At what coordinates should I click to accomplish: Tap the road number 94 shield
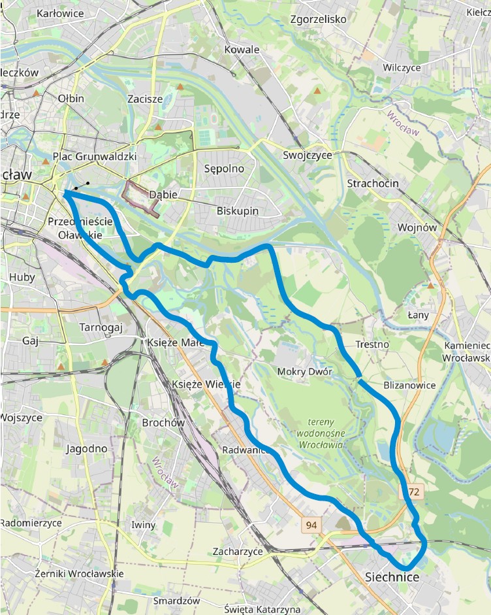point(312,525)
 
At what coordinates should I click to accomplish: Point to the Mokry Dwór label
point(305,372)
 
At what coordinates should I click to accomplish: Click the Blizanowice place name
point(409,385)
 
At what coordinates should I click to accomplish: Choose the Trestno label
point(372,344)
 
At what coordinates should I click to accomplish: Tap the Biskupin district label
point(238,210)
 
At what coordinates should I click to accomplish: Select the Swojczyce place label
point(308,155)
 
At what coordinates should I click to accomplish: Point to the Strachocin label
point(373,183)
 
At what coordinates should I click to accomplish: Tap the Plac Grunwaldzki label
point(95,157)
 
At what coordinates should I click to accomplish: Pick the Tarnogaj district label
point(101,327)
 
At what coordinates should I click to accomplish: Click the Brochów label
point(163,423)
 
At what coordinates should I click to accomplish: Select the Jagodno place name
point(86,448)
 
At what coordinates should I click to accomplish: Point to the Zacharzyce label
point(238,552)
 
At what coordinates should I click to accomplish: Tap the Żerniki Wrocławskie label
point(63,573)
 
